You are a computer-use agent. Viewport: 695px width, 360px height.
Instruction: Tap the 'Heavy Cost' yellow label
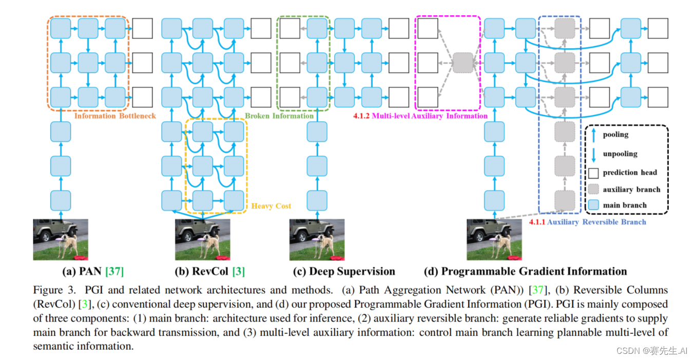tap(271, 206)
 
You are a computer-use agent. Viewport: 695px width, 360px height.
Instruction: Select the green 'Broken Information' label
tap(279, 116)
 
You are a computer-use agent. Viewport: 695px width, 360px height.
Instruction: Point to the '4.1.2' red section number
tap(361, 116)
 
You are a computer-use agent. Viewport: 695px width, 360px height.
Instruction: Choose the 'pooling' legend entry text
tap(615, 135)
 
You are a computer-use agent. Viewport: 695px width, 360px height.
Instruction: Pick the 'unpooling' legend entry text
tap(620, 154)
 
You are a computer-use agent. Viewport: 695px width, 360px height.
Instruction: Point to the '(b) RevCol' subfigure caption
tap(202, 271)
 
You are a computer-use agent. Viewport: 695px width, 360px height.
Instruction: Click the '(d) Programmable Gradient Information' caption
tap(526, 271)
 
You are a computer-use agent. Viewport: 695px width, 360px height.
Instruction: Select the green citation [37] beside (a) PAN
tap(114, 271)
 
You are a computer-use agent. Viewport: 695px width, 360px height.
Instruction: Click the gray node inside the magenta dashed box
tap(462, 63)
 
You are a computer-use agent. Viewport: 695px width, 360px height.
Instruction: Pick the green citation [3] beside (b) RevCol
tap(238, 271)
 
